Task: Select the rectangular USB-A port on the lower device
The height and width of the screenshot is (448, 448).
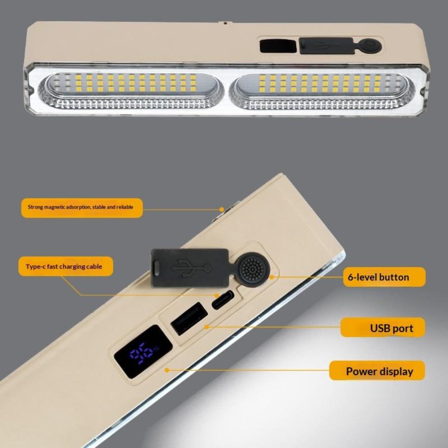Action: point(189,318)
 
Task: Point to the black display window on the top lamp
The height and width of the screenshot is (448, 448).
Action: point(278,46)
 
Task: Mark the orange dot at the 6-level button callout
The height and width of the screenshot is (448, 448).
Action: point(272,277)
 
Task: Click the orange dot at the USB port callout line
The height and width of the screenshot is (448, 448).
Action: point(207,327)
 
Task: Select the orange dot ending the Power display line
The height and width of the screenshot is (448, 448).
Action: point(167,370)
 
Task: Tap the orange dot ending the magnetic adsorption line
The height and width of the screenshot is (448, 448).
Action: point(222,209)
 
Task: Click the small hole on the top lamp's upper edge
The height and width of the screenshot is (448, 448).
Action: point(225,23)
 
